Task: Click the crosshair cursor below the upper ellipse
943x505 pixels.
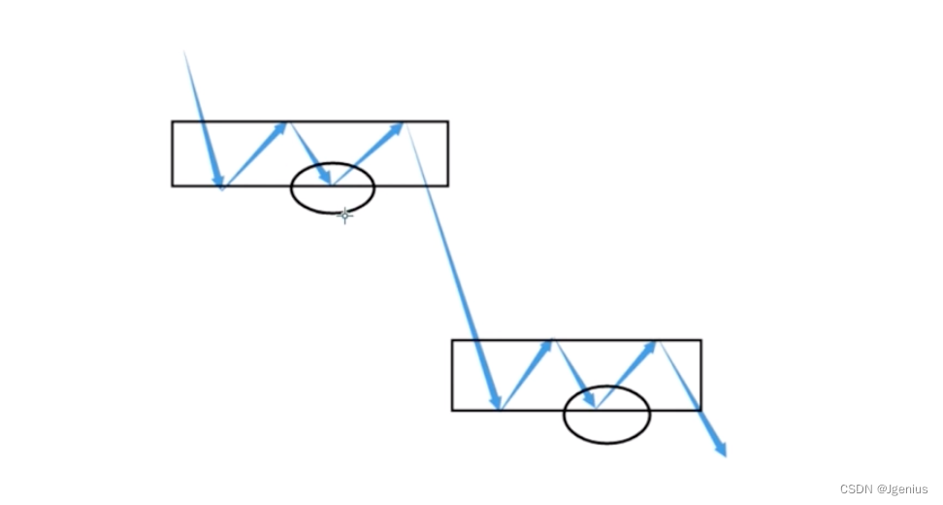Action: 344,215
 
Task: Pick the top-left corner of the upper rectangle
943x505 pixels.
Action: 173,121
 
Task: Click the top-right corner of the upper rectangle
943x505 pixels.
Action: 447,121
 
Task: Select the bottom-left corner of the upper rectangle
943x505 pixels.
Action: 173,185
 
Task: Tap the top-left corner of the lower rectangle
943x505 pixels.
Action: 452,340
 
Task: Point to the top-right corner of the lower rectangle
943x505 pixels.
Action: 700,340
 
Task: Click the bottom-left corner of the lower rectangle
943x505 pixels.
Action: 452,410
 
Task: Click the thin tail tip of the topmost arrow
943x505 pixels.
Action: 184,50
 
